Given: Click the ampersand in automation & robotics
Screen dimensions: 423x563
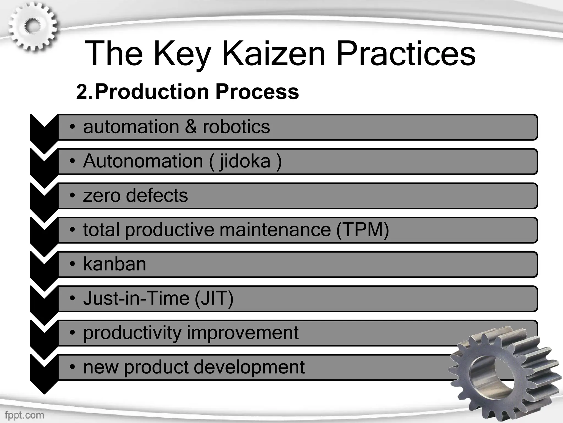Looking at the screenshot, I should point(191,127).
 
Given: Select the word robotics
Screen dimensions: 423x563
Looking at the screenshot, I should point(236,127).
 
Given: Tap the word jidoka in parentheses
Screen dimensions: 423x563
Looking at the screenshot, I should point(245,162).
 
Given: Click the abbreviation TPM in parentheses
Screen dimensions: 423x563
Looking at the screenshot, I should point(362,230).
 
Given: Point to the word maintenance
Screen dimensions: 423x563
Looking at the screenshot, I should point(275,230).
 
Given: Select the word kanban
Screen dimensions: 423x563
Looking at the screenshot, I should point(114,264).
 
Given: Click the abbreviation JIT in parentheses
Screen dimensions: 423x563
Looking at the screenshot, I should point(214,299).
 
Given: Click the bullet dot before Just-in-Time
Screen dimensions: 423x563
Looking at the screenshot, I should point(72,299).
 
